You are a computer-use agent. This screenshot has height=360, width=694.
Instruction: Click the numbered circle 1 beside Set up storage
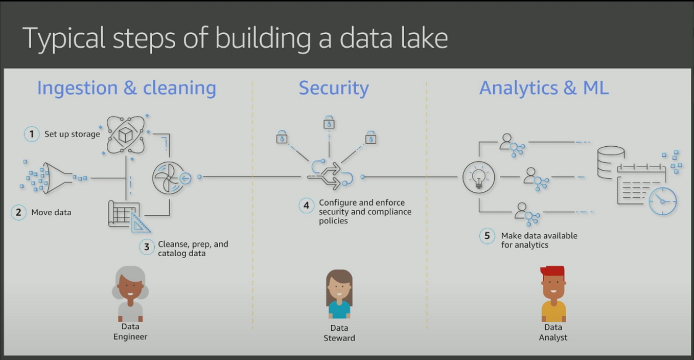pyautogui.click(x=32, y=134)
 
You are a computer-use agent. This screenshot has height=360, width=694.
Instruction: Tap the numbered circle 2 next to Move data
pyautogui.click(x=19, y=212)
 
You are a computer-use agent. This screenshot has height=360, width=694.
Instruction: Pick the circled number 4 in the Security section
pyautogui.click(x=307, y=206)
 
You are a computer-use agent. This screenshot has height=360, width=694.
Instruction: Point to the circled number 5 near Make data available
pyautogui.click(x=487, y=236)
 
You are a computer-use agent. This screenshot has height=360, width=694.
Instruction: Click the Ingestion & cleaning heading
pyautogui.click(x=126, y=88)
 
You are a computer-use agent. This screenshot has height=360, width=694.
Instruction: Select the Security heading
pyautogui.click(x=334, y=88)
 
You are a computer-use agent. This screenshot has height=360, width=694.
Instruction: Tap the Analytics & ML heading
pyautogui.click(x=544, y=88)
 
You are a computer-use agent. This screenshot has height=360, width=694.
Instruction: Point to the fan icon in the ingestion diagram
pyautogui.click(x=168, y=177)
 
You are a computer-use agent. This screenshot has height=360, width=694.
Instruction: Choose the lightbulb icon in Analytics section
pyautogui.click(x=478, y=177)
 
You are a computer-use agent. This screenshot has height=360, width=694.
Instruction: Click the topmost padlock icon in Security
pyautogui.click(x=329, y=123)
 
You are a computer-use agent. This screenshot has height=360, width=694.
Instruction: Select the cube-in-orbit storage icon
pyautogui.click(x=126, y=136)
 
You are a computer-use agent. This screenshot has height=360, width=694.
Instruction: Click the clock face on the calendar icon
pyautogui.click(x=662, y=201)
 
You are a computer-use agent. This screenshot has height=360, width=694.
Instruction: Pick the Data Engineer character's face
pyautogui.click(x=130, y=289)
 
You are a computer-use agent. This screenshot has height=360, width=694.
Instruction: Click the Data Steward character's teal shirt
pyautogui.click(x=339, y=309)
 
